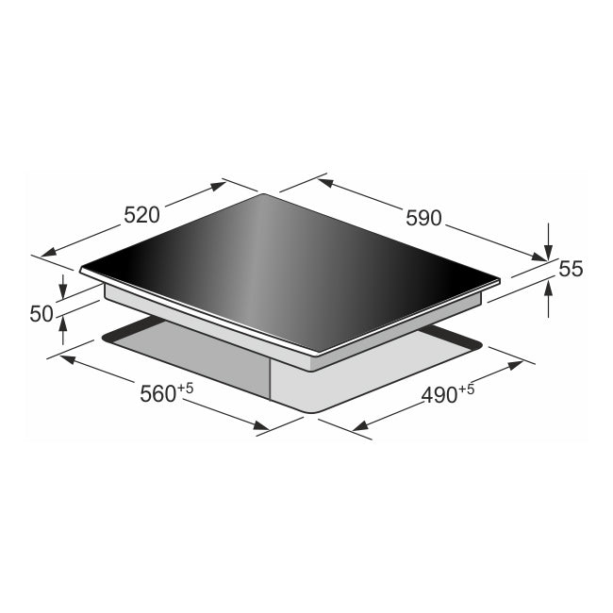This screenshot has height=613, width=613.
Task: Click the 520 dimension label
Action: [x=141, y=214]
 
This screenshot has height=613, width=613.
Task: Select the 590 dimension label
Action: [x=423, y=218]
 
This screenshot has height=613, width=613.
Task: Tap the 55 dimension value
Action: [x=571, y=269]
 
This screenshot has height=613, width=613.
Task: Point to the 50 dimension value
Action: [x=41, y=314]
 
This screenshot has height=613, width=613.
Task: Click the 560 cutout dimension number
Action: [x=157, y=394]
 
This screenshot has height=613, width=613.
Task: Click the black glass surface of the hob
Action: [x=283, y=264]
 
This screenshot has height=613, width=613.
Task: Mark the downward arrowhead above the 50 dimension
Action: [x=63, y=292]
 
